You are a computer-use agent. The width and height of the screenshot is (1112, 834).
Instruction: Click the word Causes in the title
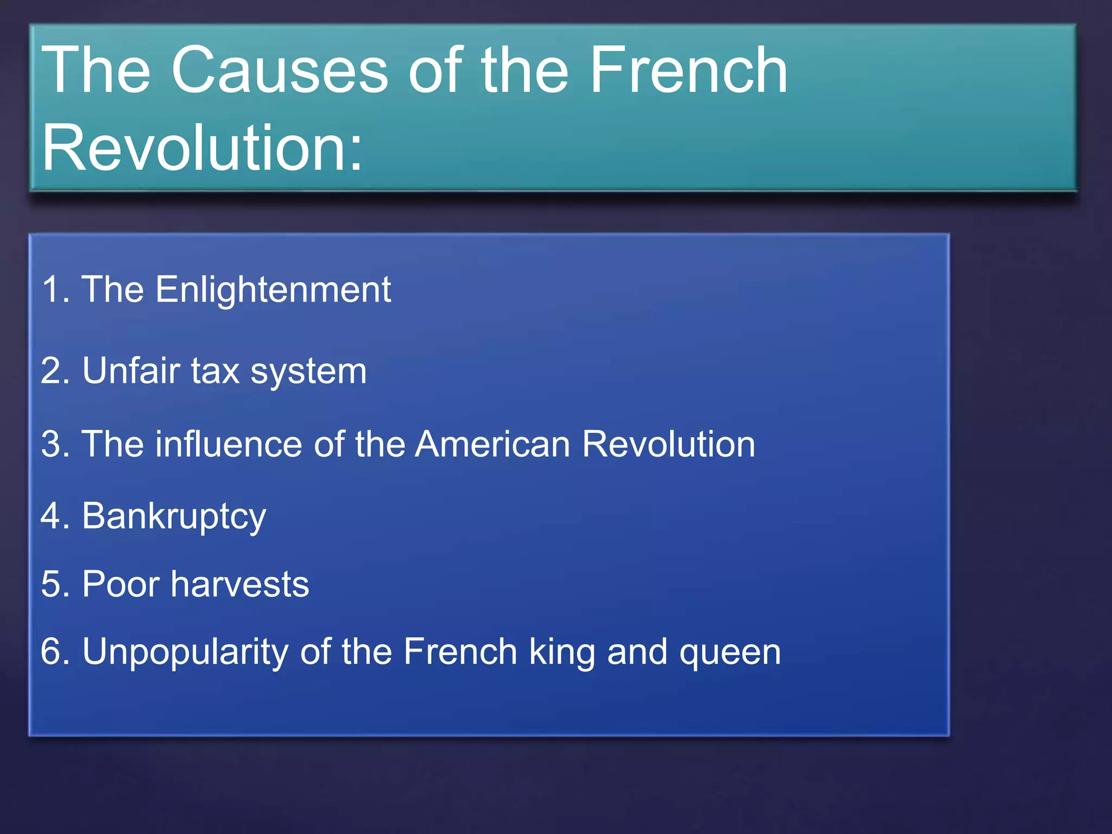(x=280, y=71)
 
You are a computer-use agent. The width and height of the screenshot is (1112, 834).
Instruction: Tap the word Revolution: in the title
(x=202, y=148)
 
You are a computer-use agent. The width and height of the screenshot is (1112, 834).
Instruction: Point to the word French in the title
(x=688, y=71)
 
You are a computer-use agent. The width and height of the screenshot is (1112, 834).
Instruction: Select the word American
(x=492, y=444)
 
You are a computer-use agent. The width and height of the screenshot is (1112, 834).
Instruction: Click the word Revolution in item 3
(x=668, y=444)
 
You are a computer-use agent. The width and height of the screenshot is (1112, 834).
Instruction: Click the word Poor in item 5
(x=121, y=585)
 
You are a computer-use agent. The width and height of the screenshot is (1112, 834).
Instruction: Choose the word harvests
(x=239, y=585)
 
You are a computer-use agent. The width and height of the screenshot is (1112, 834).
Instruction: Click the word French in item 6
(x=460, y=652)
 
